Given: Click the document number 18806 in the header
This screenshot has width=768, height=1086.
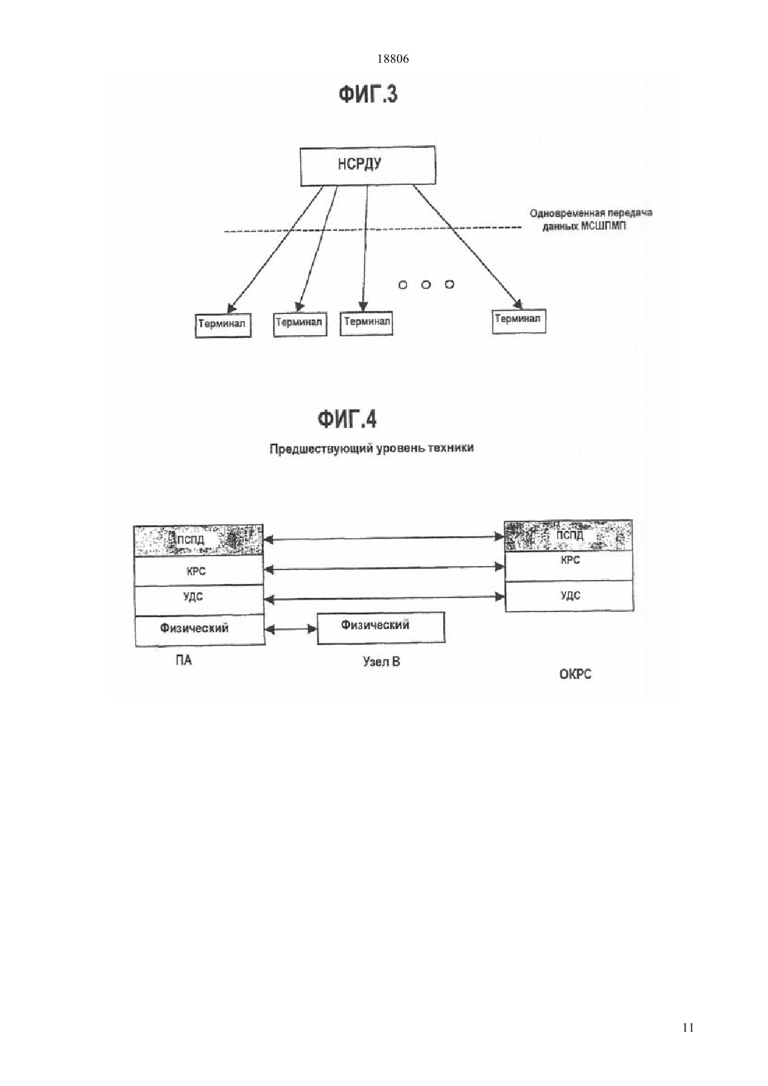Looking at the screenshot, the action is (392, 59).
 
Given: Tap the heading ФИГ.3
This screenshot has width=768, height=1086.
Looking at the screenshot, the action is (368, 94).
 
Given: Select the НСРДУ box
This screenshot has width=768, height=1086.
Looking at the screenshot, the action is (367, 166).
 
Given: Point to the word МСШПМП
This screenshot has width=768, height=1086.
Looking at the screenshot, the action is (603, 226).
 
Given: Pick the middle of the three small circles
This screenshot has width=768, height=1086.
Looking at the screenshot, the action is (426, 285).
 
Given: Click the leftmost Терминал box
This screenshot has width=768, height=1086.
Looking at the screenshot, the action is (223, 325).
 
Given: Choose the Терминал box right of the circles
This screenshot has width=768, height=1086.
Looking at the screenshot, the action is (519, 322).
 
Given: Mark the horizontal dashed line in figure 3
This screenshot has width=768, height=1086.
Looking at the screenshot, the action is (372, 230).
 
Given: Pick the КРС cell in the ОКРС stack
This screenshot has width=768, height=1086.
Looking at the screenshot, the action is (569, 566).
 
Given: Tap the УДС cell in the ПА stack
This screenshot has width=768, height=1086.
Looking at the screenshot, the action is (199, 601).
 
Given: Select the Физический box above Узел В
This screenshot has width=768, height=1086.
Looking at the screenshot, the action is (381, 628).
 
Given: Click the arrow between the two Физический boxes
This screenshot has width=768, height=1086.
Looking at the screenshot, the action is (291, 630).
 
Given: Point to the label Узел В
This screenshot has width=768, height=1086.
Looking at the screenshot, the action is (382, 662).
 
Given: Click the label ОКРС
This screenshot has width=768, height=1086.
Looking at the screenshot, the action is (575, 674).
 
